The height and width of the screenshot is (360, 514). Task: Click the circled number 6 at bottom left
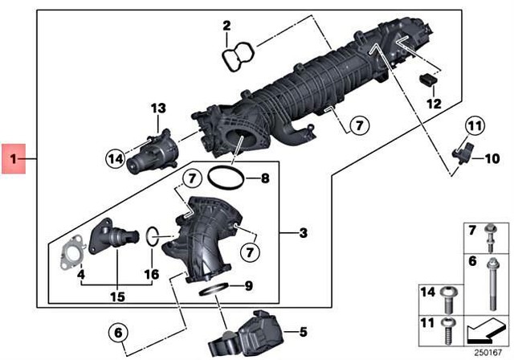tap(117, 331)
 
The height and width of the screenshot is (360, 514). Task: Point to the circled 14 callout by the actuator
tap(116, 157)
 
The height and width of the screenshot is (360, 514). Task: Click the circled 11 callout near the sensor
tap(475, 125)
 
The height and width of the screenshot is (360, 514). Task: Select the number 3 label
tap(303, 234)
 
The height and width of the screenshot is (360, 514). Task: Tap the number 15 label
tap(118, 297)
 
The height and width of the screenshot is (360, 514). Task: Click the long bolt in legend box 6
tap(490, 272)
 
